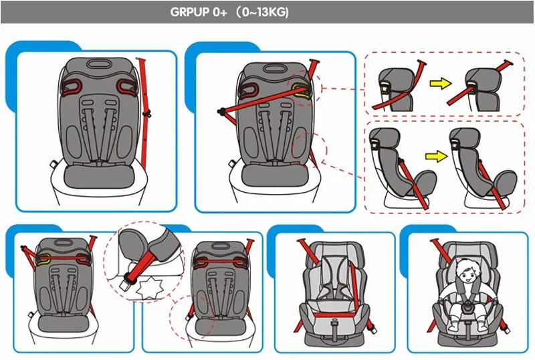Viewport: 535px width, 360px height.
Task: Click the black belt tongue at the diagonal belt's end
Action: point(219,113)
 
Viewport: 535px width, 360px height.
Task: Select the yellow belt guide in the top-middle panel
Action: point(302,91)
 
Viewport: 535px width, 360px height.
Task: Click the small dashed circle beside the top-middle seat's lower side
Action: point(306,147)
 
